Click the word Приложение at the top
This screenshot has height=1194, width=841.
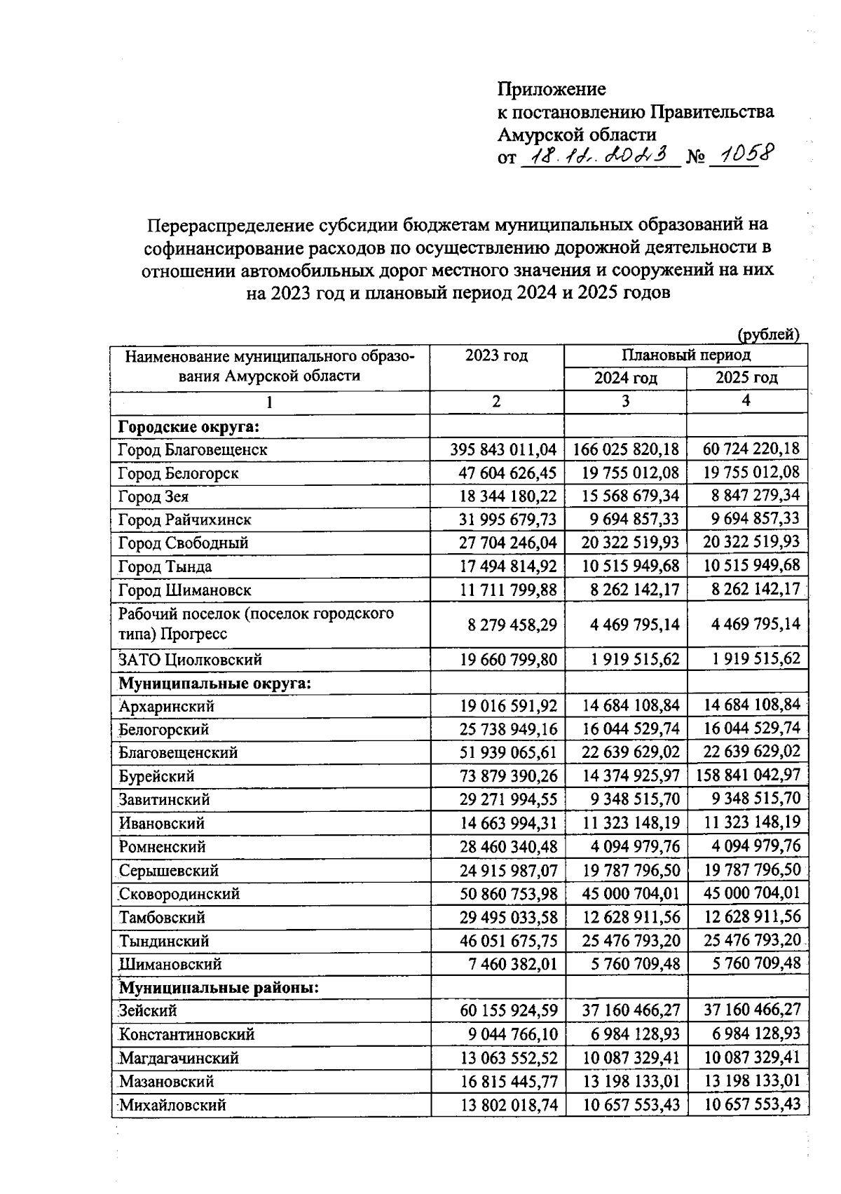pos(552,89)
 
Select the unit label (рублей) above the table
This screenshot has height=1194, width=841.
pos(768,335)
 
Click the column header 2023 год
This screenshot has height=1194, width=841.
pos(496,355)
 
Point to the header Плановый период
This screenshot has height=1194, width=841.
pos(685,355)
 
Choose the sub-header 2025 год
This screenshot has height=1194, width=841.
pos(746,378)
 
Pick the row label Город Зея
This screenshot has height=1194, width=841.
pos(153,497)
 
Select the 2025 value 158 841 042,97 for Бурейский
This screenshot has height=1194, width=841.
pos(748,775)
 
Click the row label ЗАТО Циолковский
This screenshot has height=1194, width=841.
pos(190,660)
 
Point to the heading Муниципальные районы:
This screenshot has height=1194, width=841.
pos(219,988)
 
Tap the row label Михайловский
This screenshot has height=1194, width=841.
pos(172,1105)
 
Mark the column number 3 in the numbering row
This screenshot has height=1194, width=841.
pos(625,402)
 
